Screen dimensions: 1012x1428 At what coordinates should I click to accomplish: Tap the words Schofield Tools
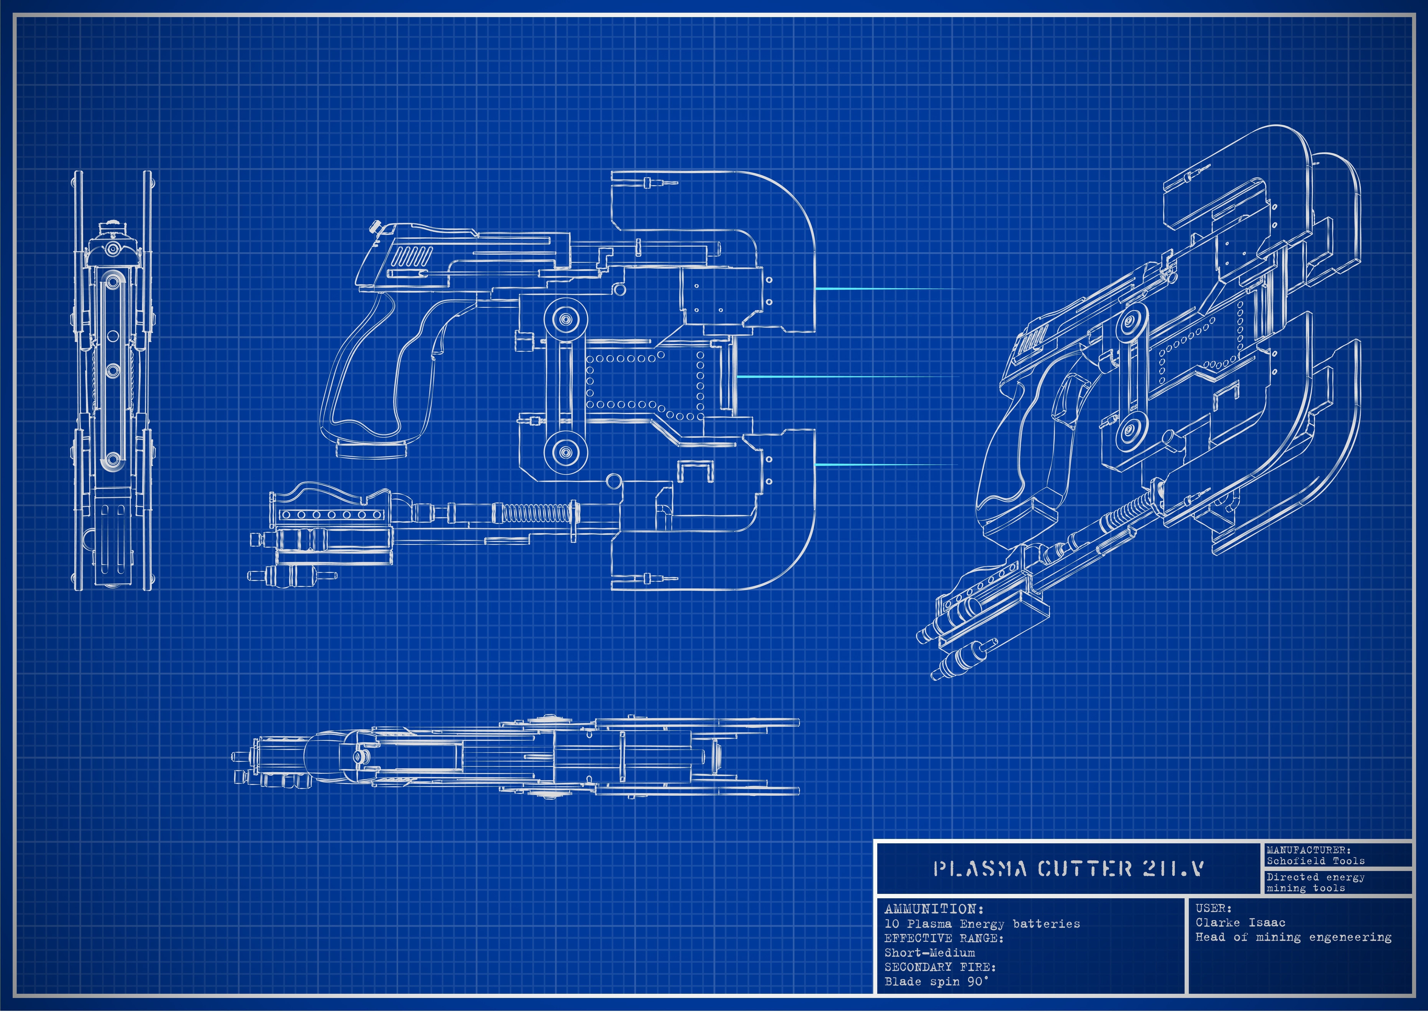pyautogui.click(x=1315, y=861)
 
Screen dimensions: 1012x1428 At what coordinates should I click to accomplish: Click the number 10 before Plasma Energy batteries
pyautogui.click(x=892, y=924)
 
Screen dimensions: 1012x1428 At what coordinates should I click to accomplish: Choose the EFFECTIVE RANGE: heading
pyautogui.click(x=943, y=938)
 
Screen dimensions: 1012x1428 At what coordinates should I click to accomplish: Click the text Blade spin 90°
pyautogui.click(x=936, y=982)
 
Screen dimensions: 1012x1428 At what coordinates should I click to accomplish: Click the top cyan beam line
pyautogui.click(x=884, y=289)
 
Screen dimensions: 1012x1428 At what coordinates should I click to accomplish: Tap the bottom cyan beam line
pyautogui.click(x=884, y=465)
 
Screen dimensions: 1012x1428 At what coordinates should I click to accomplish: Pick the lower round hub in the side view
pyautogui.click(x=566, y=452)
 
